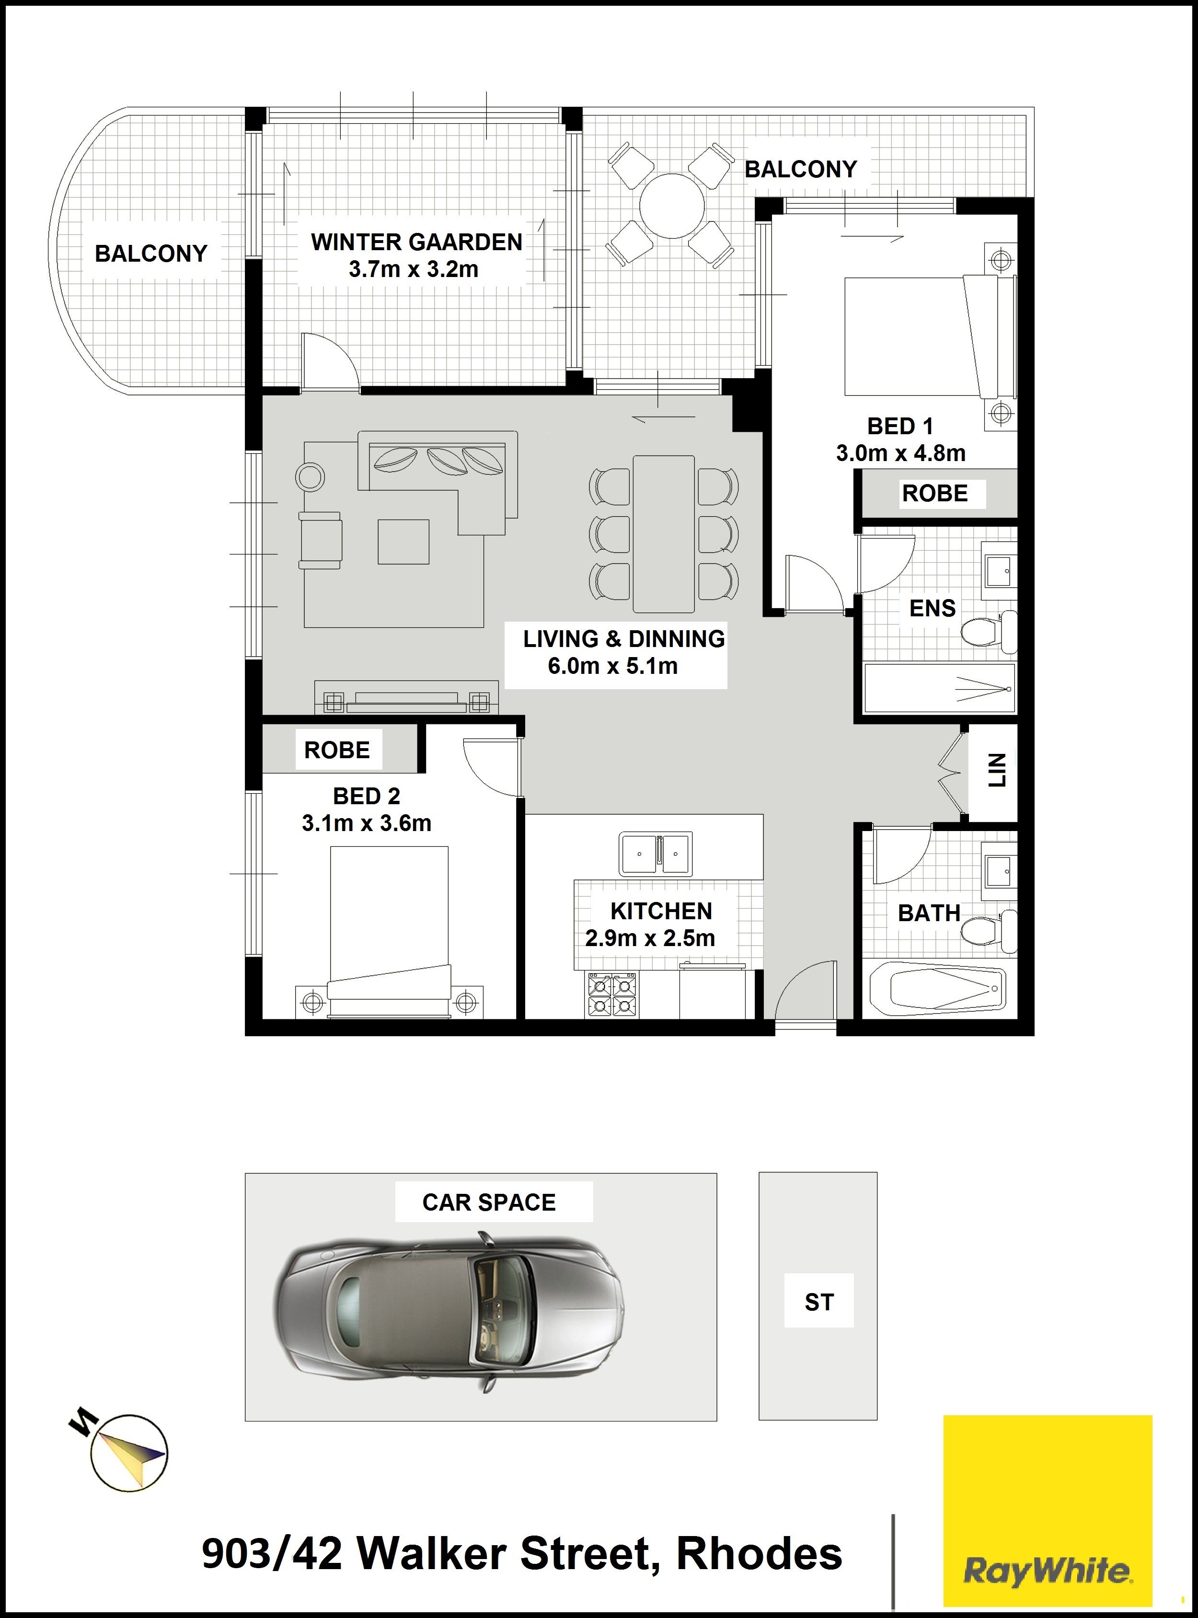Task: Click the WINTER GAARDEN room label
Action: [416, 242]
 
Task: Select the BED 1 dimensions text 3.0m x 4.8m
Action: [901, 453]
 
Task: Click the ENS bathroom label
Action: [933, 609]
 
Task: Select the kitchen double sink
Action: [656, 854]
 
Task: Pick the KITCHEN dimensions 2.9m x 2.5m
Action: [650, 938]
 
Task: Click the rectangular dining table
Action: [664, 534]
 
